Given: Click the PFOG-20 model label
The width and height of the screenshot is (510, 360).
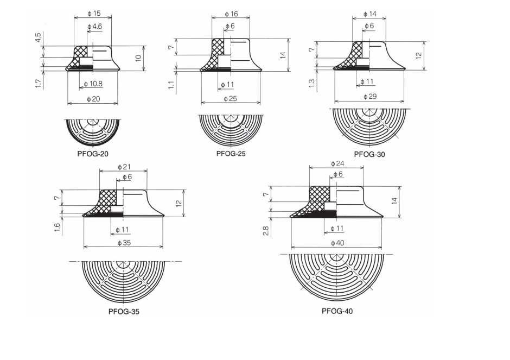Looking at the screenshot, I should (x=93, y=154).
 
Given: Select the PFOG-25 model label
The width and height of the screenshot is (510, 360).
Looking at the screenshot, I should (x=231, y=154).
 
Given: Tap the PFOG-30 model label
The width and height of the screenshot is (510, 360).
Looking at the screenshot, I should (x=369, y=154).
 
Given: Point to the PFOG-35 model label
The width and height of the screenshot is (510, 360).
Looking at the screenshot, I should (x=124, y=312).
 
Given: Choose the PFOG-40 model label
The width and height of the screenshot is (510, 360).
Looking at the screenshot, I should (x=337, y=311).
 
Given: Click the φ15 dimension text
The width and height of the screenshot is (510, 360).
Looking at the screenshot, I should (x=94, y=12).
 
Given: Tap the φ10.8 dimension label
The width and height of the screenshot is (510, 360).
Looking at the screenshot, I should (x=94, y=84).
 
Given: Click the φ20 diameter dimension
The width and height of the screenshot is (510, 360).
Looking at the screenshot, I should (x=94, y=99).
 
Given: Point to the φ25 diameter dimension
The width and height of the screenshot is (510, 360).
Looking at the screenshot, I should (x=231, y=99).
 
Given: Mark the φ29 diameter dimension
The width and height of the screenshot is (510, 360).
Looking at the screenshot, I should (x=369, y=97).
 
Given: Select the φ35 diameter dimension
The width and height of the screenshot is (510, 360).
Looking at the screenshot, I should (x=124, y=243).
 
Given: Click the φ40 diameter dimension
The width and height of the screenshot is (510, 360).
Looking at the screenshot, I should (x=337, y=243).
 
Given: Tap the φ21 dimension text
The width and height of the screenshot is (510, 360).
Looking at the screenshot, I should (x=124, y=166).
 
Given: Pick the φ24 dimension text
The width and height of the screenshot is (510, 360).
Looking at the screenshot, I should (x=337, y=163).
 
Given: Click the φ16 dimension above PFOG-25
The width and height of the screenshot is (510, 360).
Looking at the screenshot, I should (x=231, y=14).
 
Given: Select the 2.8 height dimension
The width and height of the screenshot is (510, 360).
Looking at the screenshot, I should (x=266, y=231).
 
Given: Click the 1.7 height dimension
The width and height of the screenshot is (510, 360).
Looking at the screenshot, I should (x=39, y=84).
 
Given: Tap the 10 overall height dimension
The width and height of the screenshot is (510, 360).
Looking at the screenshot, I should (x=138, y=57).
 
